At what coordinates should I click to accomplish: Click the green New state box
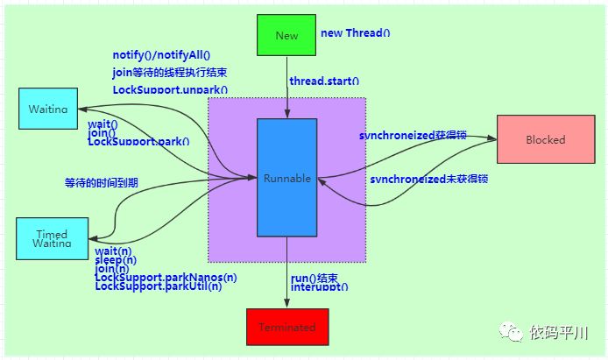pyautogui.click(x=286, y=35)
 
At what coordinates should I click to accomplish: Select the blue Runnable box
pyautogui.click(x=286, y=178)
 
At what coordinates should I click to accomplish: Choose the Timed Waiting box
pyautogui.click(x=52, y=238)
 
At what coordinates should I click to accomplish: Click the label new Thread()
pyautogui.click(x=355, y=32)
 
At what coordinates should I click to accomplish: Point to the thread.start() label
pyautogui.click(x=325, y=81)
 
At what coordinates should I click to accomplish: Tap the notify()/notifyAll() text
pyautogui.click(x=167, y=56)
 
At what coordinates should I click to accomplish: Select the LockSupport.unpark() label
pyautogui.click(x=169, y=89)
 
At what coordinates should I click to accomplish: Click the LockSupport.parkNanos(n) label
pyautogui.click(x=166, y=278)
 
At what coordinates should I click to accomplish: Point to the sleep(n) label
pyautogui.click(x=116, y=261)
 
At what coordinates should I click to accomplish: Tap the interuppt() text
pyautogui.click(x=320, y=286)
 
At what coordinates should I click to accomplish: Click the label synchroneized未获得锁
pyautogui.click(x=428, y=178)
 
